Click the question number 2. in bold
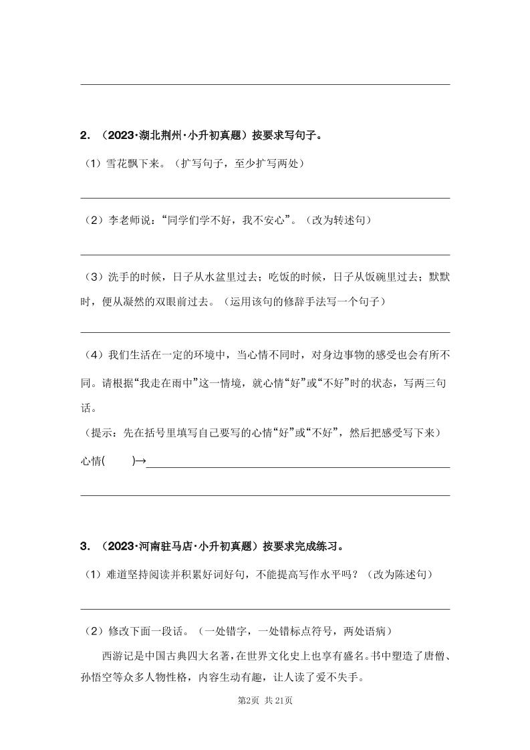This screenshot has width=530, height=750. point(85,135)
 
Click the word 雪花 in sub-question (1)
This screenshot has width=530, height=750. point(118,163)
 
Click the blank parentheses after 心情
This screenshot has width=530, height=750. point(120,461)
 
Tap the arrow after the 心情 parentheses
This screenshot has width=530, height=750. point(140,461)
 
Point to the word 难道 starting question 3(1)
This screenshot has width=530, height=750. point(118,574)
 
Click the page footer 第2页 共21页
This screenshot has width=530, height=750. point(265,701)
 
